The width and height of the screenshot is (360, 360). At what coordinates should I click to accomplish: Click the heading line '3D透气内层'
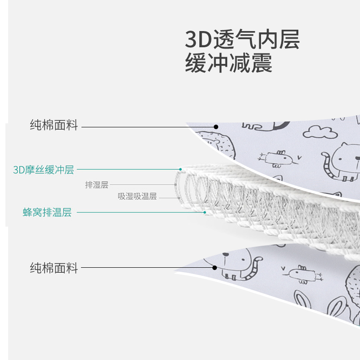click(242, 40)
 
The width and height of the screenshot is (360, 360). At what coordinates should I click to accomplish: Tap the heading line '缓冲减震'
click(229, 63)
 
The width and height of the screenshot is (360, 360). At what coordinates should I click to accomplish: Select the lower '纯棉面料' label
click(54, 269)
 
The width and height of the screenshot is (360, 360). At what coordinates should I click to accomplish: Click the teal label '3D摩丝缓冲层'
click(43, 170)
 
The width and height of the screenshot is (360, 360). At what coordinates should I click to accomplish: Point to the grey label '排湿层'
click(97, 184)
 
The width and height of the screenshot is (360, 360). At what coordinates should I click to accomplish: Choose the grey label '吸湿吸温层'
click(137, 197)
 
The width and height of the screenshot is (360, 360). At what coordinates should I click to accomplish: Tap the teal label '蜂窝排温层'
click(47, 212)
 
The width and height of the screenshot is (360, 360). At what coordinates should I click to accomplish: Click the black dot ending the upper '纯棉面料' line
click(216, 126)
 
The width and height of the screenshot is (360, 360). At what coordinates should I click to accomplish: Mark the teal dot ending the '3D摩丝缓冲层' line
click(180, 170)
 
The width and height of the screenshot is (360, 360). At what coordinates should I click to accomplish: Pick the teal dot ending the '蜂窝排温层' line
click(205, 212)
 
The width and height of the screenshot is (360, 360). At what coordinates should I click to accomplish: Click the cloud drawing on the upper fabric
click(319, 131)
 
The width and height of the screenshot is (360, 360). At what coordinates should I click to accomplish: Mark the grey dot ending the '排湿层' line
click(175, 184)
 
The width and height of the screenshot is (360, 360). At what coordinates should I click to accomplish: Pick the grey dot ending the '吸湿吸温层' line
click(179, 197)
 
